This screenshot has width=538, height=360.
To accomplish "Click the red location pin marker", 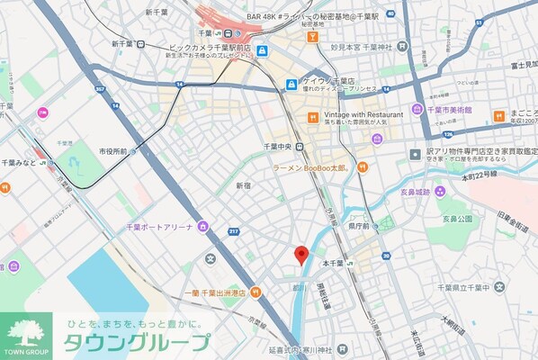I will pos(302,255).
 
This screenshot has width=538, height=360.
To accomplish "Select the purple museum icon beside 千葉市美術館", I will pos(417,109).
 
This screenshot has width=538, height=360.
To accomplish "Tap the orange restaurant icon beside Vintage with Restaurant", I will pos(313,116).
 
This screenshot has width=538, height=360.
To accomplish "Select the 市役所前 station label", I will pos(112,151).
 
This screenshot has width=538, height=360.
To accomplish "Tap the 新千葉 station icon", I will pos(143,43).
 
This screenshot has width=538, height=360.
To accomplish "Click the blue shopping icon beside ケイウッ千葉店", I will pos(291,85).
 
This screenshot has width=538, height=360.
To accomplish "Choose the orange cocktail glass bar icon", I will pos(312,37).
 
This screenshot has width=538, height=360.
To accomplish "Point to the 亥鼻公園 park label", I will pos(457,219).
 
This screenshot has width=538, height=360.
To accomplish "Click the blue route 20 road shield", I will pos(386,256).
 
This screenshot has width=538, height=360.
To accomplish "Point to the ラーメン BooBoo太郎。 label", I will pos(311,166).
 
